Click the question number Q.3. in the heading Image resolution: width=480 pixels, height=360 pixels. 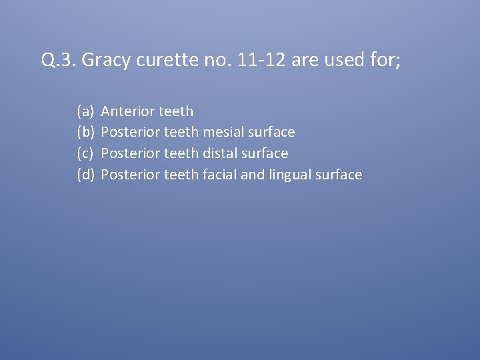(x=59, y=61)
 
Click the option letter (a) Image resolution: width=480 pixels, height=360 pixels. (x=85, y=111)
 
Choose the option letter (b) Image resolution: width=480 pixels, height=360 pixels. (x=85, y=133)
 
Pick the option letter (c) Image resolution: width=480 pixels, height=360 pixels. (x=85, y=154)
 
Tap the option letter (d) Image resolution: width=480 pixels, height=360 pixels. (x=85, y=175)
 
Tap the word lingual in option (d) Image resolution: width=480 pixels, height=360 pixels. (x=292, y=175)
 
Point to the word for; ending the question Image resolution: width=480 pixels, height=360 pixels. (x=387, y=61)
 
